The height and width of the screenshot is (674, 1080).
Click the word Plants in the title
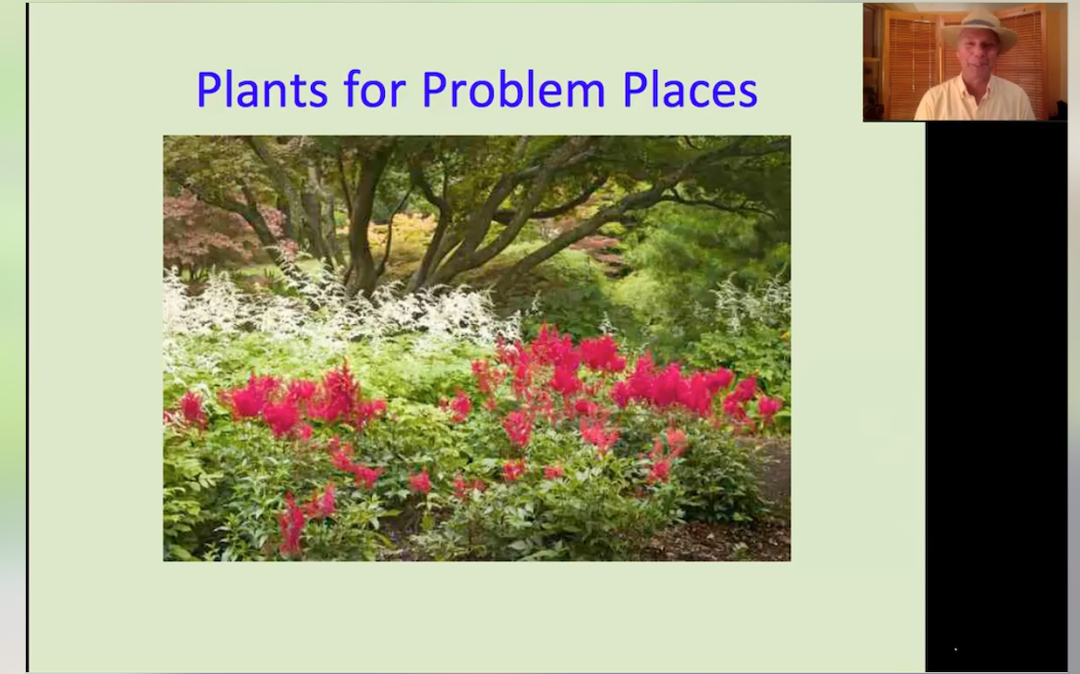[262, 90]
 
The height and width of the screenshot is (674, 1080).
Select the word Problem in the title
[513, 89]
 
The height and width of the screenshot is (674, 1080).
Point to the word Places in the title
[690, 89]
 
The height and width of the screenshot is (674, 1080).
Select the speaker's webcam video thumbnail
[965, 62]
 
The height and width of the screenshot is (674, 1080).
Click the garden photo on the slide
[476, 348]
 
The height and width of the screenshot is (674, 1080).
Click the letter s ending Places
[748, 95]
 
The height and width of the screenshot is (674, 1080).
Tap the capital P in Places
[635, 90]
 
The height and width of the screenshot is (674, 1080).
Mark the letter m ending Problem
[586, 94]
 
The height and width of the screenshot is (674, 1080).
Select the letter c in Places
[697, 95]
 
